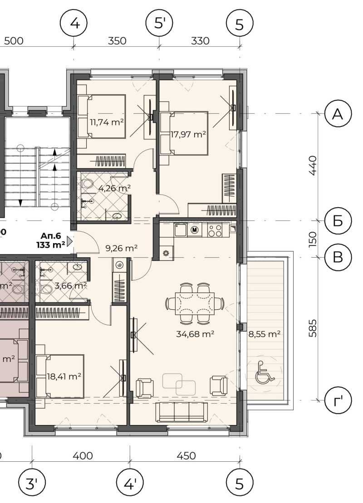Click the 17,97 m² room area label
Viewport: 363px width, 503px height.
pos(188,134)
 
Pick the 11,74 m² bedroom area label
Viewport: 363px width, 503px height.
pos(107,122)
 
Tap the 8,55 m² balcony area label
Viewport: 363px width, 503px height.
pos(264,334)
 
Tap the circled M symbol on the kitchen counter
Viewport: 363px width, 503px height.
pos(195,230)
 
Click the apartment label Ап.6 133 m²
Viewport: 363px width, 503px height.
pos(51,239)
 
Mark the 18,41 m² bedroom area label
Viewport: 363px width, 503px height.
pos(64,376)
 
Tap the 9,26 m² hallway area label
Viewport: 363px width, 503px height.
pos(121,248)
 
